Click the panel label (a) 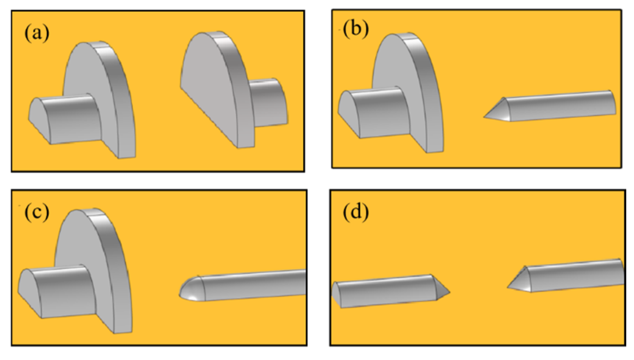coord(37,34)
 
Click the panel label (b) coord(355,30)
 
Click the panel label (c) coord(37,212)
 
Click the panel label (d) coord(356,212)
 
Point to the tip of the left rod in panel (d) coord(450,292)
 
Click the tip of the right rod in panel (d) coord(508,287)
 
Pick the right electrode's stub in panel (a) coord(268,103)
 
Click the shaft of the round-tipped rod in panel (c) coord(254,285)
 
